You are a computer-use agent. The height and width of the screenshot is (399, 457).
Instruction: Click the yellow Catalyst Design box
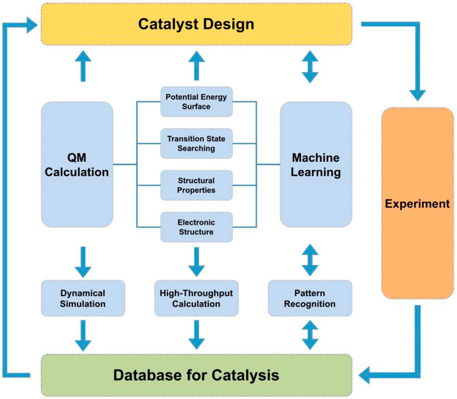(196, 23)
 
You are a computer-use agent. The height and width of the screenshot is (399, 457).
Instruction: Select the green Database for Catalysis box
(196, 375)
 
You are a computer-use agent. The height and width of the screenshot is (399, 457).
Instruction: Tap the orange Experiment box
(417, 203)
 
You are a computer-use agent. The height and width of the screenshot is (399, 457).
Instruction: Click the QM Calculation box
(77, 165)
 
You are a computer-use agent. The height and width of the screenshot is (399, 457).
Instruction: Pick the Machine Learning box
(316, 165)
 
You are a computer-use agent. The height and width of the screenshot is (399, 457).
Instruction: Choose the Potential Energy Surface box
(196, 101)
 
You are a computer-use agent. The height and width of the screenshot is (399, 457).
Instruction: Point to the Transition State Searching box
(196, 144)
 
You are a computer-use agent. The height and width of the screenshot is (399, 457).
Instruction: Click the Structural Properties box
(196, 185)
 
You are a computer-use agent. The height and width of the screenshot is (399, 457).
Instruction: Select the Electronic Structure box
(196, 227)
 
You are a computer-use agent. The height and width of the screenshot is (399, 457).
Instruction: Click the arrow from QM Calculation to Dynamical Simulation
(83, 261)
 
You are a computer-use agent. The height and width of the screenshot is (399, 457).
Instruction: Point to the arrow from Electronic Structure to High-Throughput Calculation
(196, 261)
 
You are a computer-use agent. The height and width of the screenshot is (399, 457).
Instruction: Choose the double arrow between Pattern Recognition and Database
(310, 334)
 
